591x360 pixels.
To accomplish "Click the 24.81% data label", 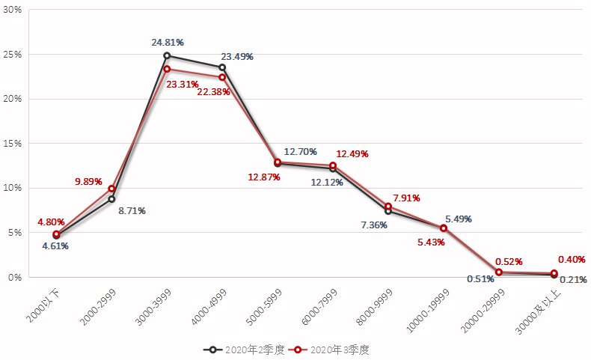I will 168,42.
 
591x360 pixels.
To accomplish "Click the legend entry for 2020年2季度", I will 245,350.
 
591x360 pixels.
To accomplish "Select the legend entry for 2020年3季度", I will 333,350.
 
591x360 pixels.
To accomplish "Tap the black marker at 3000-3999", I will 167,55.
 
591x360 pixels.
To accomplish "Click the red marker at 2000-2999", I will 111,189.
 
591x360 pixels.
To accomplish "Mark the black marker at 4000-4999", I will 222,67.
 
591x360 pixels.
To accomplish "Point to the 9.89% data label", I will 88,182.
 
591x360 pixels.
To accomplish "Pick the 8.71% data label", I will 132,210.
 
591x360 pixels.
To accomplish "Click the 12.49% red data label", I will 352,154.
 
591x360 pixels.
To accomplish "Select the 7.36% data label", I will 373,225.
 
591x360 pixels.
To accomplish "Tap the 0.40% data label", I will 571,260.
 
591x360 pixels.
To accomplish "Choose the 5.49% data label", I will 458,219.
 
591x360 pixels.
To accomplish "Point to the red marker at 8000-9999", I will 388,207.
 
